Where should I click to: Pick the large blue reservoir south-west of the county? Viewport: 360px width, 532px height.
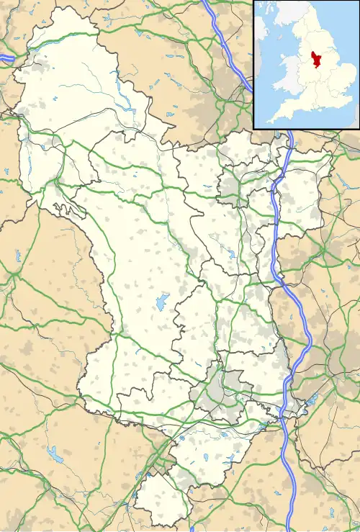54,454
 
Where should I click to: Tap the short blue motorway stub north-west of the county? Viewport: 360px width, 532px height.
7,57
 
